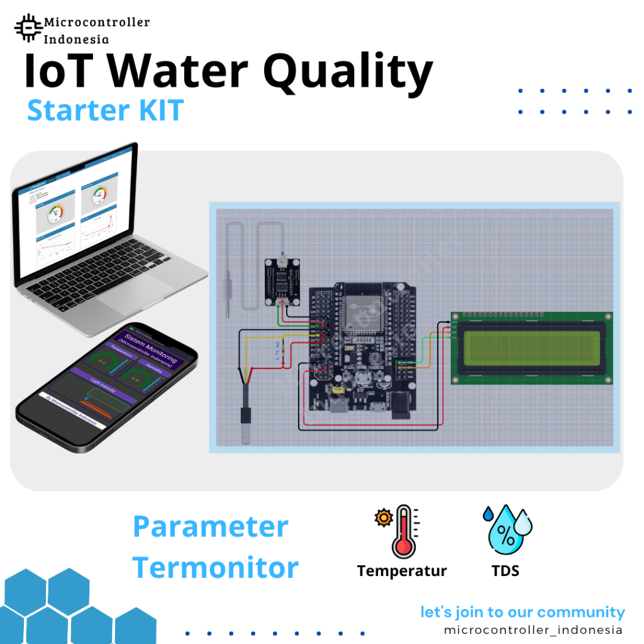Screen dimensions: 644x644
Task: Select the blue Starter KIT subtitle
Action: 105,111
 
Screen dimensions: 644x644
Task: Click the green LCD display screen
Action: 531,347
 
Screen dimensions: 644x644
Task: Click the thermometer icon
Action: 403,532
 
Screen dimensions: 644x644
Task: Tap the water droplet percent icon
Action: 506,530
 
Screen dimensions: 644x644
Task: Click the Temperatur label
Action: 402,571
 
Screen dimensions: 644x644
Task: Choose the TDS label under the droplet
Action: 506,571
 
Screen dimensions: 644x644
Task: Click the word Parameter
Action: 211,526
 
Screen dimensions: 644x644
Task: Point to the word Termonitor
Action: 216,567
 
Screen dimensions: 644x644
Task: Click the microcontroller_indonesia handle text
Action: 533,630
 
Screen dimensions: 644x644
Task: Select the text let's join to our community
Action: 523,612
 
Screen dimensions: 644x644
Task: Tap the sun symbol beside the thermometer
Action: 382,518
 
